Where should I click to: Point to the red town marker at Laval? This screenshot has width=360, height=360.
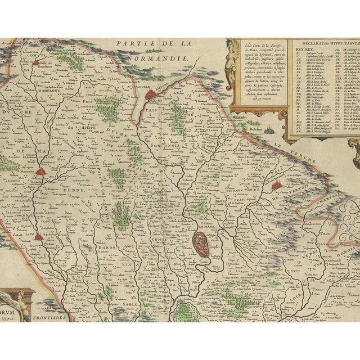coord(38,237)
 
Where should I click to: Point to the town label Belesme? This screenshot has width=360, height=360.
coord(255,129)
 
